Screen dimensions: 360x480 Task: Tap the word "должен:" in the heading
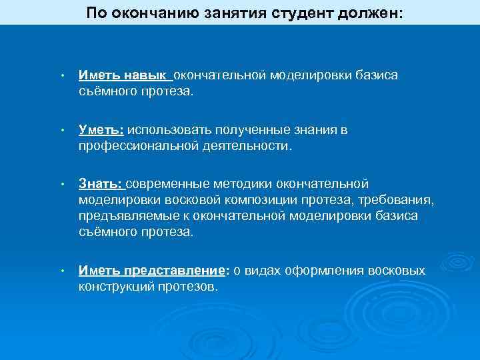tap(370, 13)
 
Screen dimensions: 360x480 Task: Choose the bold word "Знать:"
tap(101, 184)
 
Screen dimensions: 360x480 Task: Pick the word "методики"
tap(243, 184)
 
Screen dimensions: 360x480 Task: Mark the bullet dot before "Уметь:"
tap(61, 131)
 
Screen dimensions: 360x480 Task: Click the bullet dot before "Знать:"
tap(61, 185)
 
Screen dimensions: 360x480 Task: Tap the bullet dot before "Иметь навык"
tap(61, 76)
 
